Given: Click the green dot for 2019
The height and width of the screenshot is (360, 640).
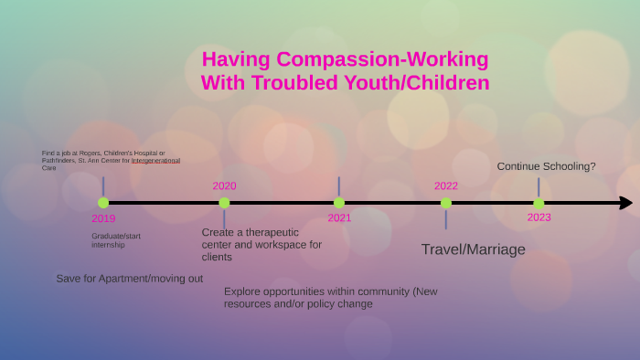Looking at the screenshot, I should (103, 203).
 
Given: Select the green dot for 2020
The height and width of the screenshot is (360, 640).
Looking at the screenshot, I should (224, 203).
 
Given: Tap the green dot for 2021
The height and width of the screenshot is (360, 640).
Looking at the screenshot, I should (339, 203).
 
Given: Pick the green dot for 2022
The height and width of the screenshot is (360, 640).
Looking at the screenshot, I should (445, 203).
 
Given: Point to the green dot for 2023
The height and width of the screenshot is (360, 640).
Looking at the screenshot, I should (539, 203).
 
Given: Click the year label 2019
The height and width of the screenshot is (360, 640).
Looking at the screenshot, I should (103, 219).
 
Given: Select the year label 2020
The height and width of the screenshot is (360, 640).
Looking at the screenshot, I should (224, 185).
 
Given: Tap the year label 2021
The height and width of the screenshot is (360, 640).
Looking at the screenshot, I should (339, 218).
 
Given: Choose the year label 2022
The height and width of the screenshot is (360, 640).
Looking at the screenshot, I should (445, 185).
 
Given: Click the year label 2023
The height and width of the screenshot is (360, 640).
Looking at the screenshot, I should (539, 217).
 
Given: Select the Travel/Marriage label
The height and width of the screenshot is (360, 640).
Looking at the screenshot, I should (473, 249).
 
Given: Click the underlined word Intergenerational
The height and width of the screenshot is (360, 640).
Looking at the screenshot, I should (155, 160).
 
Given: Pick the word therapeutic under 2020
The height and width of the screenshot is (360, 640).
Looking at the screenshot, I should (269, 232).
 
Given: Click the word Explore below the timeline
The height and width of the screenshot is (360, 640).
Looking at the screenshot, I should (242, 291).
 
